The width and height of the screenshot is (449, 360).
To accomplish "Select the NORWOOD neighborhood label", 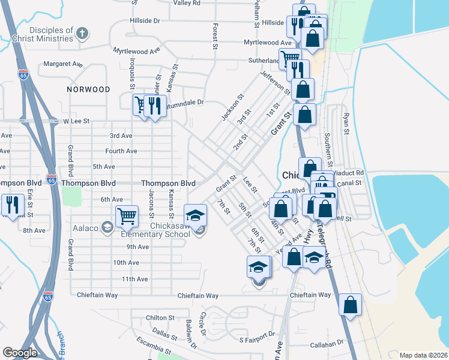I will tap(89, 89).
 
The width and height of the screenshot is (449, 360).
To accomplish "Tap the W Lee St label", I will tap(76, 121).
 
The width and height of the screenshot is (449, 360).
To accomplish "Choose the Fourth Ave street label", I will tap(121, 151).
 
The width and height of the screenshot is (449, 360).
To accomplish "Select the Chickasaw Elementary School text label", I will tap(155, 229).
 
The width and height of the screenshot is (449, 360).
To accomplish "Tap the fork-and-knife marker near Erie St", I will tap(12, 205).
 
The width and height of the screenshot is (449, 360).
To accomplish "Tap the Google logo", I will tap(20, 353).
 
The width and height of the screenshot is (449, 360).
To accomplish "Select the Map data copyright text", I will tap(423, 355).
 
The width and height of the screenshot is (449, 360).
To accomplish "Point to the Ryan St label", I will tap(346, 122).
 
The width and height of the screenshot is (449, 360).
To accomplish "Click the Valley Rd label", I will tap(187, 3).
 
